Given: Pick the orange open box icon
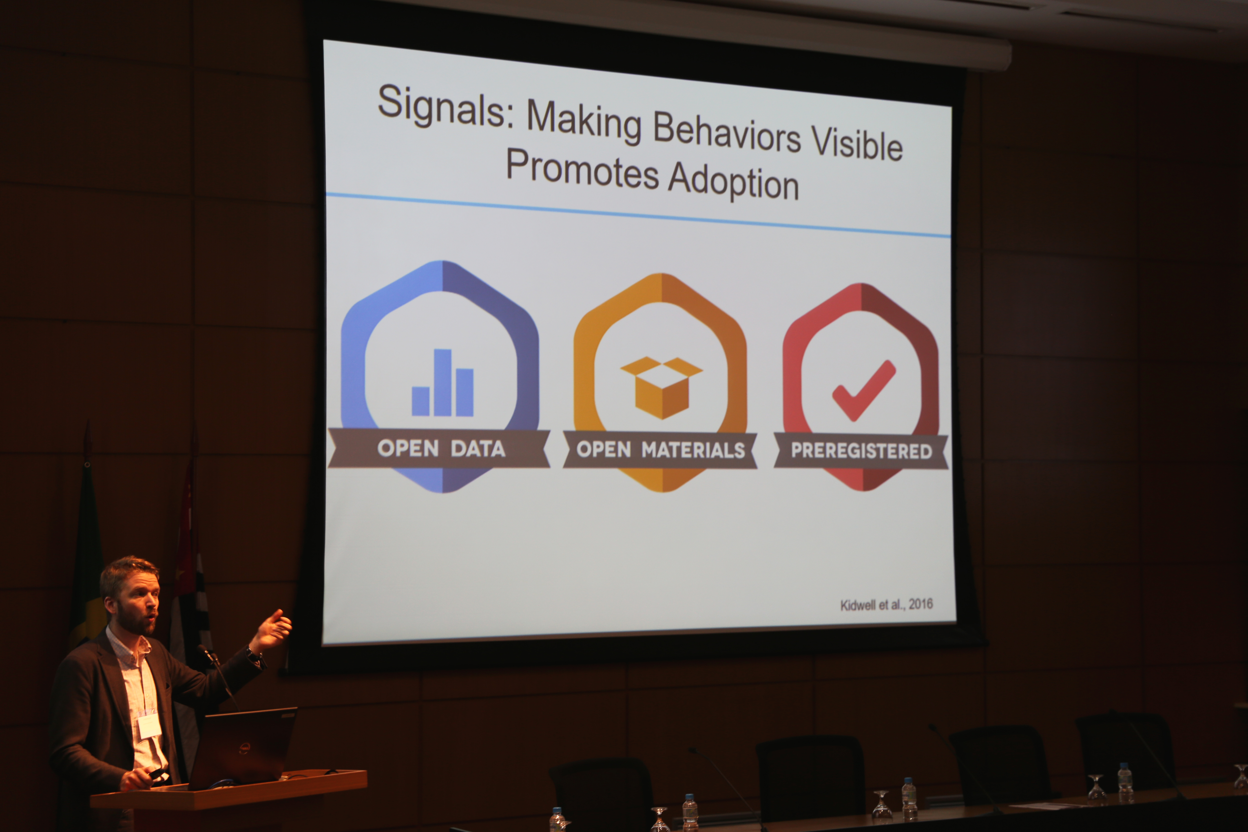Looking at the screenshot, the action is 662,387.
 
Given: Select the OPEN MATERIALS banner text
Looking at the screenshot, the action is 661,450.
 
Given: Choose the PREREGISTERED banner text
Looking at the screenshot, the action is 861,451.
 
